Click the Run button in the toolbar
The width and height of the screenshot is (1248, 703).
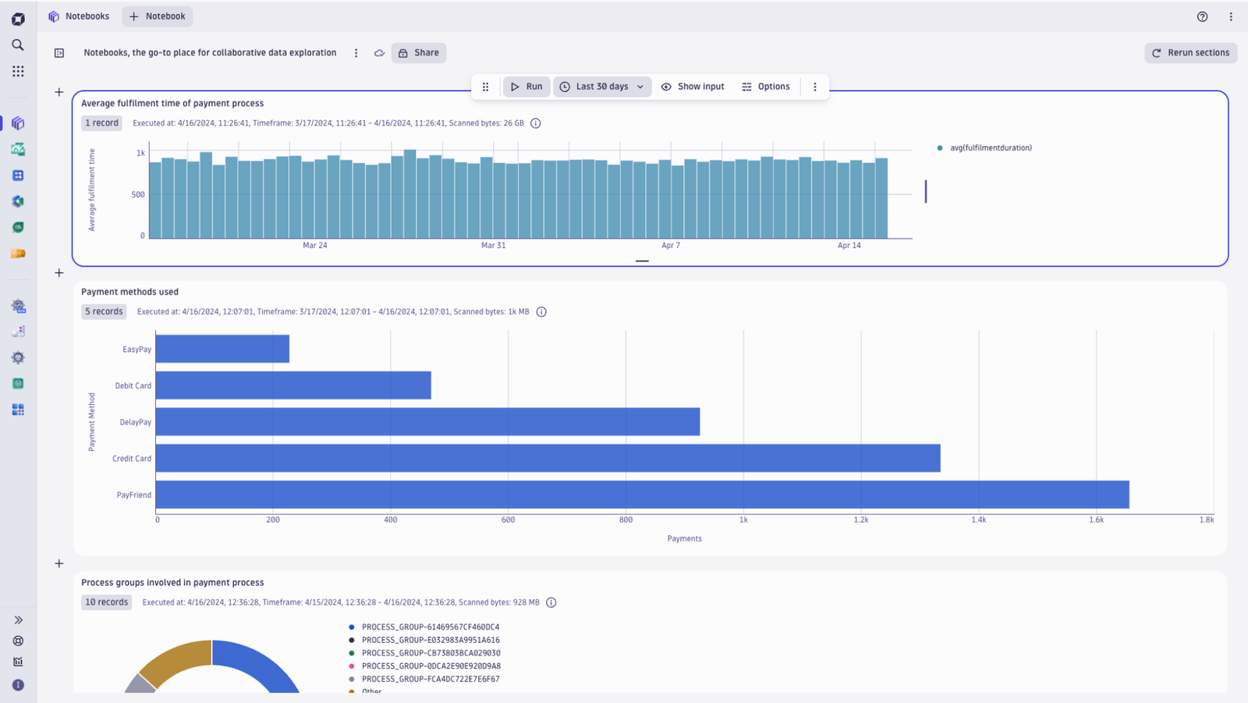pyautogui.click(x=526, y=87)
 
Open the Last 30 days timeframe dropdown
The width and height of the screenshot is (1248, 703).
pyautogui.click(x=602, y=87)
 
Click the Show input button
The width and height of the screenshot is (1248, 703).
pyautogui.click(x=693, y=87)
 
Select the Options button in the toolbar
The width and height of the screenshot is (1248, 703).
pyautogui.click(x=765, y=87)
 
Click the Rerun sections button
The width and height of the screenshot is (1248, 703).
pyautogui.click(x=1190, y=52)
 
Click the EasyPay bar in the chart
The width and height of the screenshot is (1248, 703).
pyautogui.click(x=222, y=349)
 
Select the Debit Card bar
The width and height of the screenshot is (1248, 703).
pyautogui.click(x=293, y=385)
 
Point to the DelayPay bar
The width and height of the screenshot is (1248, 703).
pyautogui.click(x=427, y=421)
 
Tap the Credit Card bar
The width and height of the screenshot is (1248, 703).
pyautogui.click(x=548, y=458)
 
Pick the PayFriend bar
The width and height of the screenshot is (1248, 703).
pyautogui.click(x=643, y=495)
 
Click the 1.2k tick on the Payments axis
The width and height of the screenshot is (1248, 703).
pyautogui.click(x=861, y=520)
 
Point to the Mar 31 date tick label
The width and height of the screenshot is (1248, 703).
pyautogui.click(x=493, y=245)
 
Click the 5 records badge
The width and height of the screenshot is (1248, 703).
pyautogui.click(x=104, y=311)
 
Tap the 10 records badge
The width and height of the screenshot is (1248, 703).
pyautogui.click(x=106, y=602)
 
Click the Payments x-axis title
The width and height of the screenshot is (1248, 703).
pyautogui.click(x=684, y=538)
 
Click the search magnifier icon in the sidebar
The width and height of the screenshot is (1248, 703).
pyautogui.click(x=18, y=44)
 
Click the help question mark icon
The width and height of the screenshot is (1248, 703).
pyautogui.click(x=1202, y=16)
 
